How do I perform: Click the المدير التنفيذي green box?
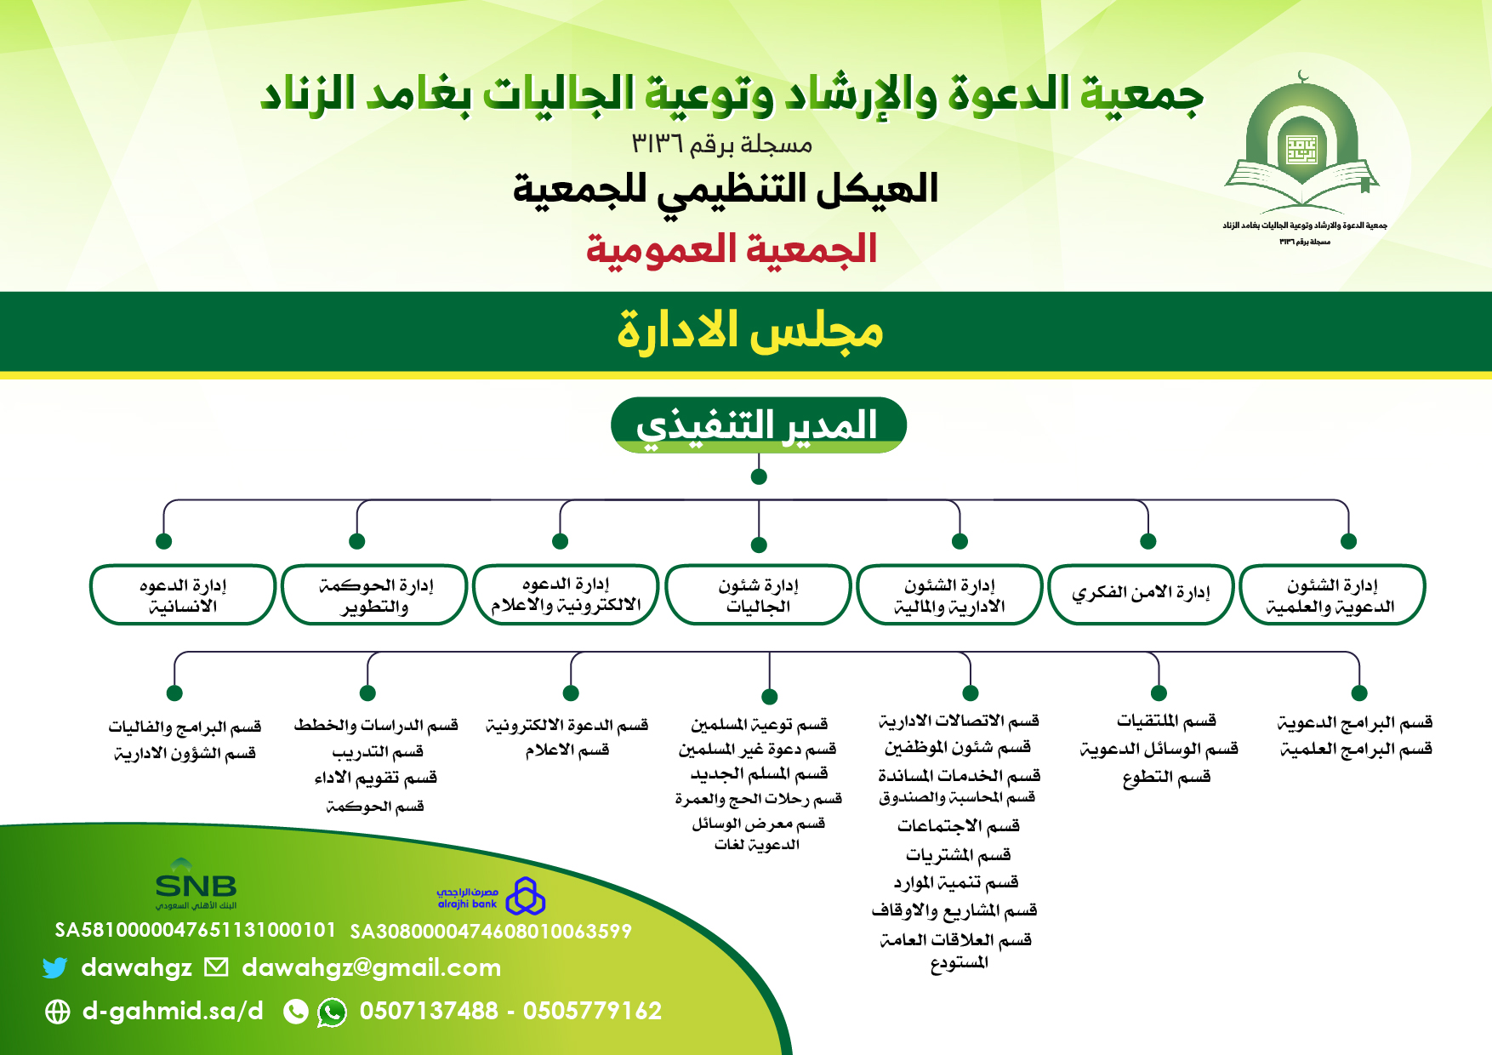(x=758, y=425)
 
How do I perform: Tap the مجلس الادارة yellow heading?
(x=749, y=331)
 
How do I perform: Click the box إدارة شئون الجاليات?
(x=758, y=595)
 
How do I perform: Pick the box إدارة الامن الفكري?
(x=1141, y=594)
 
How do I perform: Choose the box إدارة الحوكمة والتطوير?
(x=374, y=595)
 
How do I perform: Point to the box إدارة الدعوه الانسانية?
(x=183, y=595)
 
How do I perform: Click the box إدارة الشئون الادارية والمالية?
(x=949, y=595)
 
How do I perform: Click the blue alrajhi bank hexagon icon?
(x=526, y=896)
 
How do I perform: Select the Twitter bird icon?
(x=55, y=967)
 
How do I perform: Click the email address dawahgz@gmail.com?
(x=371, y=967)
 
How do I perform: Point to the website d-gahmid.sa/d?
(x=173, y=1011)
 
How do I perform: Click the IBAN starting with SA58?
(x=196, y=930)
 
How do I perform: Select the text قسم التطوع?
(x=1166, y=777)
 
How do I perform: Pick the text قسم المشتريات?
(x=959, y=854)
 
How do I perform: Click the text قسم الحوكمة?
(x=375, y=806)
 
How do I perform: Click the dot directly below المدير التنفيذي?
(x=759, y=476)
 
